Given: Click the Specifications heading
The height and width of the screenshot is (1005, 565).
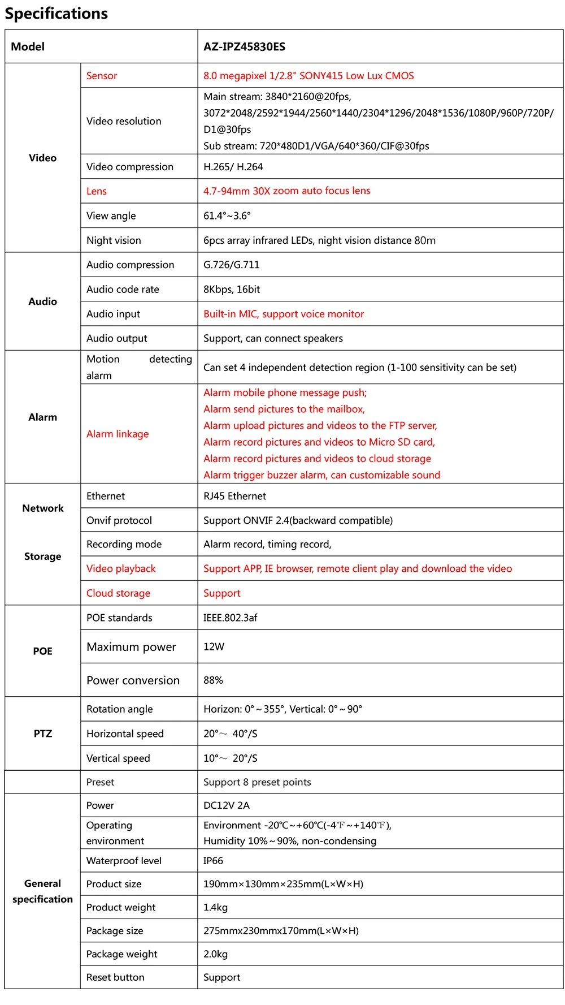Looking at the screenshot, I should click(56, 14).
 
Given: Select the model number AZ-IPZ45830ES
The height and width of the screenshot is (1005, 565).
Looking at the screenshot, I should click(244, 47).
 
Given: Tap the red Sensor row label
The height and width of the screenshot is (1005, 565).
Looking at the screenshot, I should click(102, 76).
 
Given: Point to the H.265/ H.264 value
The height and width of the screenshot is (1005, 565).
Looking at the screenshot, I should click(233, 167).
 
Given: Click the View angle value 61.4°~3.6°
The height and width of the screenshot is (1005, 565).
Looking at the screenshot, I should click(227, 215).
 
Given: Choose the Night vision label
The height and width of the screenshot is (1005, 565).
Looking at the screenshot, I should click(114, 240).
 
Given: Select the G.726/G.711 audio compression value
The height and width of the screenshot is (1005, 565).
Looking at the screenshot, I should click(232, 265).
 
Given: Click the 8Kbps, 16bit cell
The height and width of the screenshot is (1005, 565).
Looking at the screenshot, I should click(232, 290).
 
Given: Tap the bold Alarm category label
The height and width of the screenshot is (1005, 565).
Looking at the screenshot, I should click(43, 417).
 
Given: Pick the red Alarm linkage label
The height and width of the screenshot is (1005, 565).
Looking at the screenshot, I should click(118, 434).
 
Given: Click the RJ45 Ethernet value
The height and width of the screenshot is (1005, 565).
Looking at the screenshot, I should click(234, 496).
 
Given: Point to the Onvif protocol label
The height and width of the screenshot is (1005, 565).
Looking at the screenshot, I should click(119, 520).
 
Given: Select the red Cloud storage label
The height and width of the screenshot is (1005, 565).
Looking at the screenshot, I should click(118, 593).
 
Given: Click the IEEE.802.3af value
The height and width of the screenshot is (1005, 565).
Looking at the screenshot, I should click(230, 618).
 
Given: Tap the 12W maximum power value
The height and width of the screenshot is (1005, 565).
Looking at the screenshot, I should click(214, 646).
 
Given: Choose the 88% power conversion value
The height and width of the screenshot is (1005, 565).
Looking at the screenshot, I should click(213, 680).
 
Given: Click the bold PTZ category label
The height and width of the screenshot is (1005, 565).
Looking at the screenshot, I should click(43, 734).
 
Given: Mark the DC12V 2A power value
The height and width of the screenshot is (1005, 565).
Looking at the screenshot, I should click(226, 805).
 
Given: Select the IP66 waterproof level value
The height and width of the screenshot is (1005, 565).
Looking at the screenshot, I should click(213, 861).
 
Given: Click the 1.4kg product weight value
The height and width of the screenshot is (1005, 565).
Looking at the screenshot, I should click(215, 907).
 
